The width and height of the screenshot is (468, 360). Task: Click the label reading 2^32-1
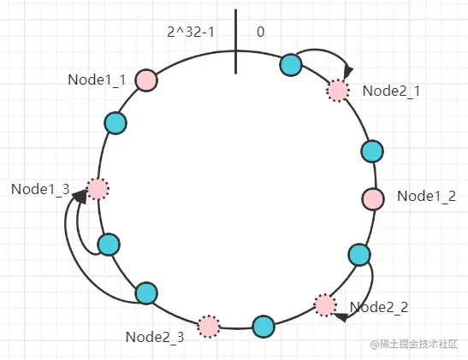click(x=191, y=32)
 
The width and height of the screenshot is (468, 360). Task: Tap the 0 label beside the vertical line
click(x=261, y=32)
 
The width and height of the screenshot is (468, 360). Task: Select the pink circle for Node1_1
click(x=146, y=80)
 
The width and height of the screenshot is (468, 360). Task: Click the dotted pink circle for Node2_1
click(x=338, y=90)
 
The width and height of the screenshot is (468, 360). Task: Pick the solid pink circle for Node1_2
click(x=373, y=198)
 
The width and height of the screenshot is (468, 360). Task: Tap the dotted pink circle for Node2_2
click(x=325, y=305)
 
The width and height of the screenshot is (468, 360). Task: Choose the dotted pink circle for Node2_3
click(x=209, y=327)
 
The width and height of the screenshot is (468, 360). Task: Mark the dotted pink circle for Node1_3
click(x=98, y=189)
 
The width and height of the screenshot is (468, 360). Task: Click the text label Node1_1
click(x=97, y=80)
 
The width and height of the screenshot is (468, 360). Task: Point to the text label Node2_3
click(x=155, y=337)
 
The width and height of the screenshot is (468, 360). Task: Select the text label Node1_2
click(x=427, y=197)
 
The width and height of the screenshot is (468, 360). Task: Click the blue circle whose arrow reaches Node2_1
click(x=291, y=65)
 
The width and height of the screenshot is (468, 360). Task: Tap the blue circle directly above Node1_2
click(x=372, y=151)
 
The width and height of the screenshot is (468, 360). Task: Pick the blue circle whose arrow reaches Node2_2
click(x=359, y=255)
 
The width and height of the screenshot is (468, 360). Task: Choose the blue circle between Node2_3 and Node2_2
click(x=264, y=327)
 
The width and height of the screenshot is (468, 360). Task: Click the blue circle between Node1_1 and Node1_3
click(x=116, y=123)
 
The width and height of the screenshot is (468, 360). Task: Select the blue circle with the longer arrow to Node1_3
click(x=146, y=293)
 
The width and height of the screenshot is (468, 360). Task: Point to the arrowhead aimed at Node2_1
click(x=348, y=73)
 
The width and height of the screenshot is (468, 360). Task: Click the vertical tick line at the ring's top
click(x=236, y=41)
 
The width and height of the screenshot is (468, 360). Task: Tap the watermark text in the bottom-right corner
click(x=414, y=345)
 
